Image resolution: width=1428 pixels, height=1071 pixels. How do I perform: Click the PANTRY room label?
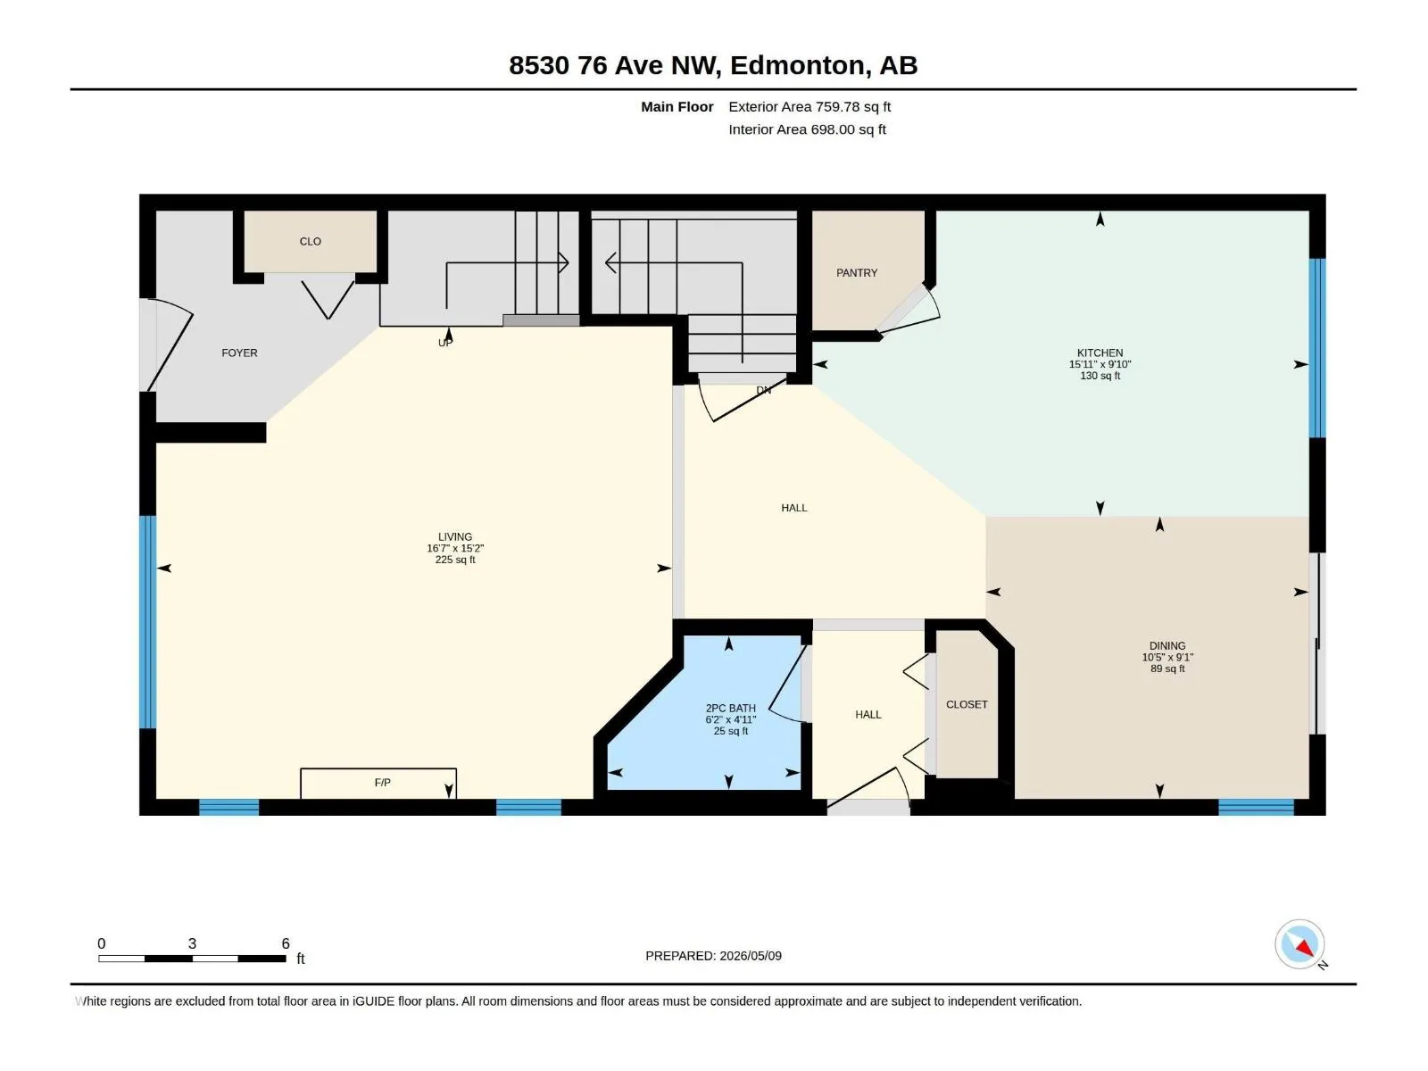coord(856,273)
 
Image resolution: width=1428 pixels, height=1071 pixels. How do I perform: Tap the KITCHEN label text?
coord(1100,353)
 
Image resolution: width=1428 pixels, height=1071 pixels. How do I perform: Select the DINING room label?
coord(1167,645)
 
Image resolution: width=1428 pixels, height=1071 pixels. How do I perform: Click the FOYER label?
coord(239,353)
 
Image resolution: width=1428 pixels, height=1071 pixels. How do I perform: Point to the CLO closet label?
coord(311,241)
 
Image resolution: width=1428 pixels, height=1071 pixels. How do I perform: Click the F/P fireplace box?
coord(378,784)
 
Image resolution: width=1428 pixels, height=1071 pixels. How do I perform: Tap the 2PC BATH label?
coord(731,708)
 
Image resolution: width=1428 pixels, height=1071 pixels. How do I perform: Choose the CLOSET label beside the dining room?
coord(967,704)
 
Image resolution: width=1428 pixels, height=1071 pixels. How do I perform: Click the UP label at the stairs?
coord(445,343)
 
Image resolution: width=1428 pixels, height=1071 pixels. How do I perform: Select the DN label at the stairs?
coord(764,390)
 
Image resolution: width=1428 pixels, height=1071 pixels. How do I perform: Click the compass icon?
coord(1299,944)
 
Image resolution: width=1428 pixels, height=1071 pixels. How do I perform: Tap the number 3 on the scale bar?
coord(192,943)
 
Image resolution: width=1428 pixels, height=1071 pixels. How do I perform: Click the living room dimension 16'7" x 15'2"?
coord(455,548)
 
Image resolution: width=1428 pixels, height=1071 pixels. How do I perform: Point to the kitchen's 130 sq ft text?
coord(1100,376)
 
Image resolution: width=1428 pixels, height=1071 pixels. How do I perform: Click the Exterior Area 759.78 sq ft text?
coord(809,106)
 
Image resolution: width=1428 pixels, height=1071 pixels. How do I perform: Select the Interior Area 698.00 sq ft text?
coord(807,129)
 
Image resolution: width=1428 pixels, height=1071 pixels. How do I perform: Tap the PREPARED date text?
coord(714,956)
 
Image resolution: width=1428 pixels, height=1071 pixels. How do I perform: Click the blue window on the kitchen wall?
coord(1317,348)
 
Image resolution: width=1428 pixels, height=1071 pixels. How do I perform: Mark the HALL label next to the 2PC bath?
coord(868,715)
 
